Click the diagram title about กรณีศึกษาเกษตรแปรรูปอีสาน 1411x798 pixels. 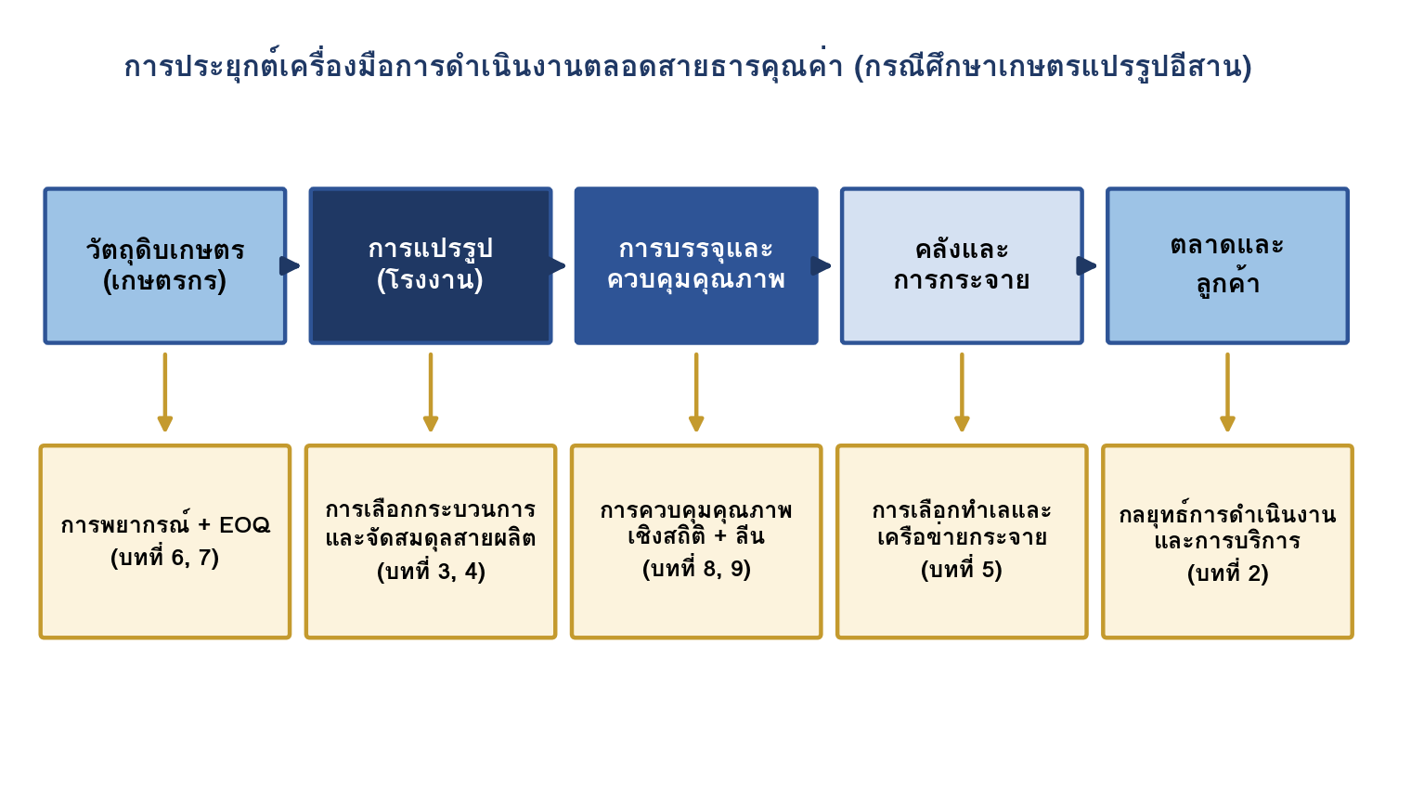(688, 66)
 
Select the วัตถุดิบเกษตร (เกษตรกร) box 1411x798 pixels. (165, 265)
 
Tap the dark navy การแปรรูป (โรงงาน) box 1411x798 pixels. (431, 265)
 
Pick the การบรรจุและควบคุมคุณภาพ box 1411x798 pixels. (696, 265)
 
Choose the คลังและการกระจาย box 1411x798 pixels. (962, 265)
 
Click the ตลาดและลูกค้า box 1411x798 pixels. (1228, 265)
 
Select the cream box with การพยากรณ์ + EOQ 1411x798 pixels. (165, 542)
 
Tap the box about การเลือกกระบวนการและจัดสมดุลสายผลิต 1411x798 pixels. (431, 542)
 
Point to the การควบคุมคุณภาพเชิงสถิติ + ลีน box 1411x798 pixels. (696, 542)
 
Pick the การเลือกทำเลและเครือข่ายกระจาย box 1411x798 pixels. (962, 542)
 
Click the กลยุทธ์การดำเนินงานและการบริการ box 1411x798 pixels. (1228, 542)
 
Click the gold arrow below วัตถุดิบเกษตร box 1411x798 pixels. (165, 393)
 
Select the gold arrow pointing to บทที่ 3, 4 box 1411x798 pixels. (431, 393)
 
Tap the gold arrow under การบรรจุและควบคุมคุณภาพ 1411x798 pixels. (696, 393)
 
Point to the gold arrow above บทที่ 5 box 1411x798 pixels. (962, 393)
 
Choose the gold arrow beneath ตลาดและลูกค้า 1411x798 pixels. (1228, 393)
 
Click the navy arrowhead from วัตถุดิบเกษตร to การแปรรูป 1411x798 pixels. (289, 265)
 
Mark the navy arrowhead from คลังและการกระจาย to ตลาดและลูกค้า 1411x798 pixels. (1087, 265)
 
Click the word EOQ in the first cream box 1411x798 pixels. (244, 525)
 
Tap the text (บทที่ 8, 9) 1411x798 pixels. (696, 569)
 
